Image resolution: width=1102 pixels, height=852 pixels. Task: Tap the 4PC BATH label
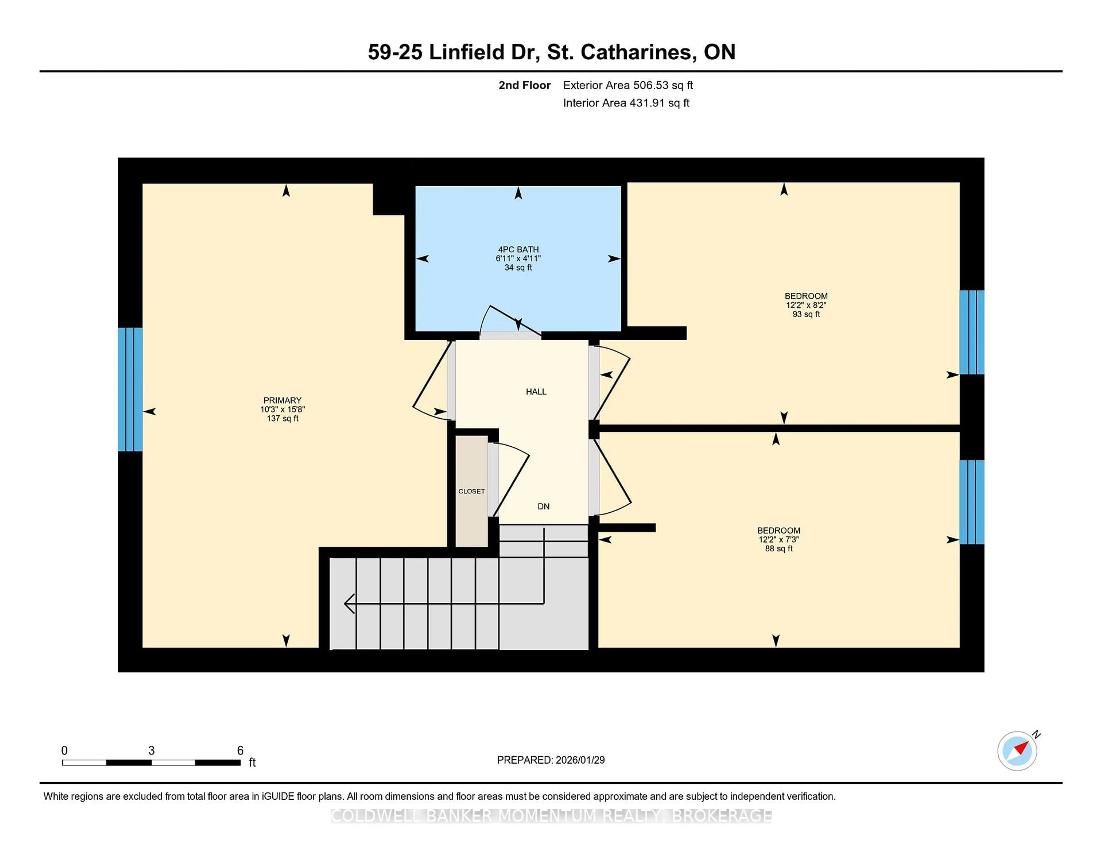(518, 249)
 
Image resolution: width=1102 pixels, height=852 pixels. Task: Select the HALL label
(536, 391)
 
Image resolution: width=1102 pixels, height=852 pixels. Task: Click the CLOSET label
(471, 491)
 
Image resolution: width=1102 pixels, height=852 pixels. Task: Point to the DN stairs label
(544, 506)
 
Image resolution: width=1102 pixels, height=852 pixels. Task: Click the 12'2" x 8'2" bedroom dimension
(806, 305)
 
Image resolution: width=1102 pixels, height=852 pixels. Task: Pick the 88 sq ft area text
(779, 549)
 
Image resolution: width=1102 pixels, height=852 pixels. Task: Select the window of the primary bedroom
(130, 389)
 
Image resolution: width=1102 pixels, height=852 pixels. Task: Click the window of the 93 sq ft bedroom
(971, 332)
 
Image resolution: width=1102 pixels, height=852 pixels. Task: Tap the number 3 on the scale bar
(151, 751)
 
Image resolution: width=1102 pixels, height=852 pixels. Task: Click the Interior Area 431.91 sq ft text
(626, 103)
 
